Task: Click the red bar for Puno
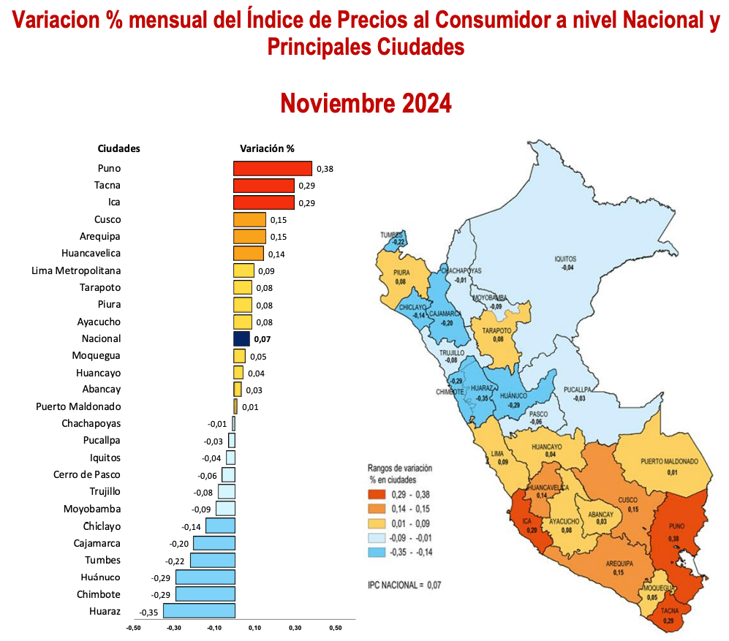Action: click(272, 168)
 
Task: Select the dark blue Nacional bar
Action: click(241, 338)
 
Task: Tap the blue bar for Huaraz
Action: click(199, 611)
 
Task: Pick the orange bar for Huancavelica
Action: click(249, 254)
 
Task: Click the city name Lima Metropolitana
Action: click(76, 270)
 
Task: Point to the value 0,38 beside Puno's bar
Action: click(325, 169)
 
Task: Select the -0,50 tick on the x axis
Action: click(133, 627)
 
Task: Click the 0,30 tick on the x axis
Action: click(295, 627)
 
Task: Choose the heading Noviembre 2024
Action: click(366, 103)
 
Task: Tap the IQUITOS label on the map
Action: click(565, 259)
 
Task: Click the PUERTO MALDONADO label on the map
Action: click(669, 461)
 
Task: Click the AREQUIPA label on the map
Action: click(619, 564)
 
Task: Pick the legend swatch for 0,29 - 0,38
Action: click(378, 495)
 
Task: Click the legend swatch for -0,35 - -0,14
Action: click(378, 552)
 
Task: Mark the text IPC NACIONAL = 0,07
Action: click(404, 585)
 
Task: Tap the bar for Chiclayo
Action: click(220, 526)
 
